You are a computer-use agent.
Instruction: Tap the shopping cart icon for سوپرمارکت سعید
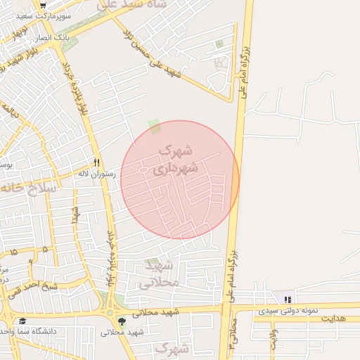43,6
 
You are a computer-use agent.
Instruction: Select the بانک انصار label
70,36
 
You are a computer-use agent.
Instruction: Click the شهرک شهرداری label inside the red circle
176,160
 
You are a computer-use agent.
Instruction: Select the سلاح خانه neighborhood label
28,188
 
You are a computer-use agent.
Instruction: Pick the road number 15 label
13,251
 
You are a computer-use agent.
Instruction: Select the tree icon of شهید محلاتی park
122,322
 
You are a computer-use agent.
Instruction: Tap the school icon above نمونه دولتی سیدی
288,300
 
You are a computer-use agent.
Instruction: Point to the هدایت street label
335,319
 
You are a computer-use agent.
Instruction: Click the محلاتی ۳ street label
233,334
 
